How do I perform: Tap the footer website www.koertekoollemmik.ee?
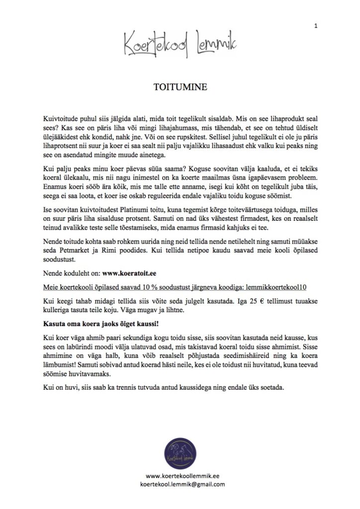180,476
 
